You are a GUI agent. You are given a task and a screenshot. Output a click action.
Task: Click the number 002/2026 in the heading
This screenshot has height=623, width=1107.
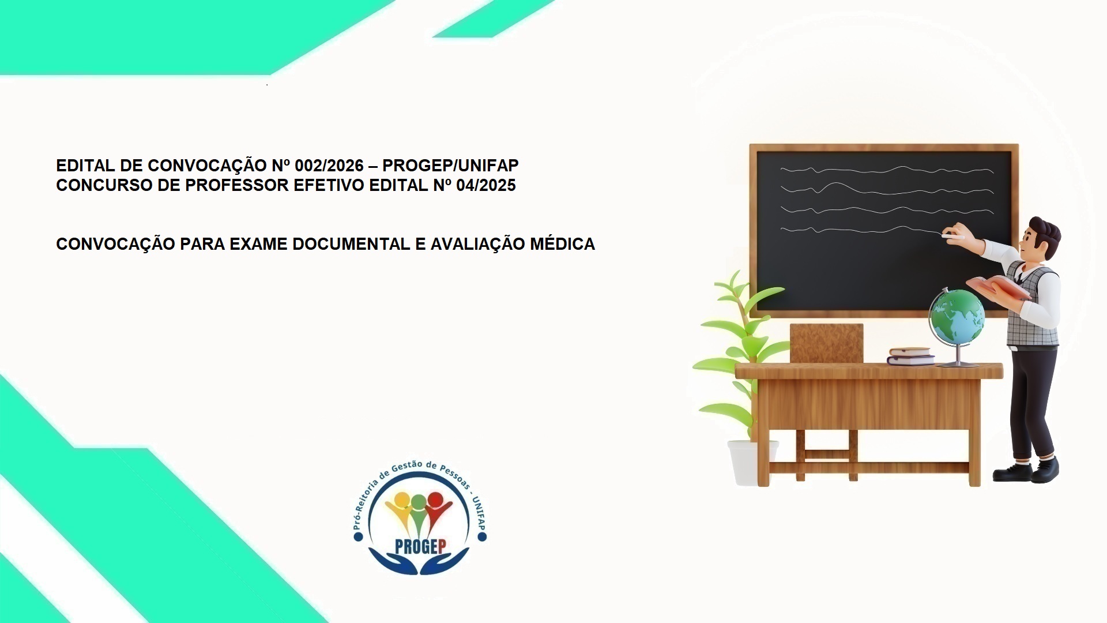(x=329, y=166)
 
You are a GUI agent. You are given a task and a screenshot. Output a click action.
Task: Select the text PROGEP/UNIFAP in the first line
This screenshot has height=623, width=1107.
(x=450, y=166)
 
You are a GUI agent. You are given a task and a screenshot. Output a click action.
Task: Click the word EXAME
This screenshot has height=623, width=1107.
(x=258, y=244)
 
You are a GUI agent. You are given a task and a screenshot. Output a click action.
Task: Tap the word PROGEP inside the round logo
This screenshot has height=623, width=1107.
(x=421, y=546)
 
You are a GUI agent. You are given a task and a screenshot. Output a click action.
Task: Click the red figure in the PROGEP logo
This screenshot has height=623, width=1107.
(x=437, y=506)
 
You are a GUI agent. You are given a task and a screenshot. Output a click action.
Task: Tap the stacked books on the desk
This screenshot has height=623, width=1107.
(x=910, y=356)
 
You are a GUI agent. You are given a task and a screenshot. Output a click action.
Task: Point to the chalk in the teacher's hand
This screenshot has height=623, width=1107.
(x=952, y=236)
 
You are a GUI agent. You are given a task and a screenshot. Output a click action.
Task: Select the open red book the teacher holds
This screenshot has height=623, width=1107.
(x=997, y=287)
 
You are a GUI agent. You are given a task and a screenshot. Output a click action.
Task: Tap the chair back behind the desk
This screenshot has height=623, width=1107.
(x=826, y=343)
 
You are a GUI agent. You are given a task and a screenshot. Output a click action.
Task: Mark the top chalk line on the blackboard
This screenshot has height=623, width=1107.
(x=886, y=170)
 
